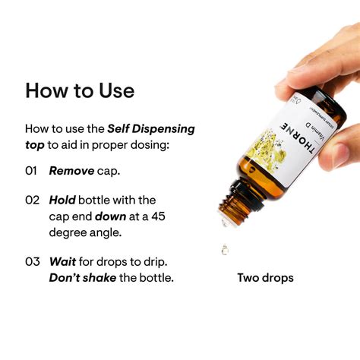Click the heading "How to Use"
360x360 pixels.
pos(80,90)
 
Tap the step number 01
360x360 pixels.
pos(32,171)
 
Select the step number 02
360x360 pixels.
pos(32,201)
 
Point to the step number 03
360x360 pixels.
pos(32,261)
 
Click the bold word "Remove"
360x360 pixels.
pos(71,171)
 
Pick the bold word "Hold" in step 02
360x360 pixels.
pos(63,201)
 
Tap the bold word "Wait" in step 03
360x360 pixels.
pos(63,261)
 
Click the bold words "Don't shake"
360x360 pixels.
pos(83,278)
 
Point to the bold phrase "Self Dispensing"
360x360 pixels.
pos(150,129)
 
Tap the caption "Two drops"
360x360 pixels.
pos(265,278)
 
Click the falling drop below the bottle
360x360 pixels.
pos(225,248)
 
